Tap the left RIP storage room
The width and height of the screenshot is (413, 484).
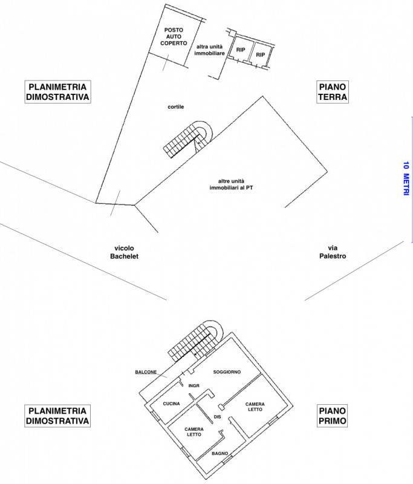pyautogui.click(x=241, y=51)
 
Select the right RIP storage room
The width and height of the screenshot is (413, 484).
pyautogui.click(x=261, y=55)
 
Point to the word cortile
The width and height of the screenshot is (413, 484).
pyautogui.click(x=176, y=106)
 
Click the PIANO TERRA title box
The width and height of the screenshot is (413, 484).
pyautogui.click(x=332, y=91)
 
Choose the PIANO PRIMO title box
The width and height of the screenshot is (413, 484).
pyautogui.click(x=332, y=416)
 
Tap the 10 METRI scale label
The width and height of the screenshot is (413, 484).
pyautogui.click(x=406, y=177)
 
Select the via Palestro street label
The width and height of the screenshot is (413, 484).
pyautogui.click(x=333, y=252)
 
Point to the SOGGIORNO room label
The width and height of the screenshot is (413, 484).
pyautogui.click(x=228, y=371)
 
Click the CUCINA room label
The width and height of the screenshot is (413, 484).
pyautogui.click(x=172, y=404)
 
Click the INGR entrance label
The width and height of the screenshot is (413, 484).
pyautogui.click(x=194, y=385)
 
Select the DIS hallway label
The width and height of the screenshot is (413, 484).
pyautogui.click(x=218, y=416)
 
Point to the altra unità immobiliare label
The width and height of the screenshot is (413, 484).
pyautogui.click(x=210, y=50)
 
